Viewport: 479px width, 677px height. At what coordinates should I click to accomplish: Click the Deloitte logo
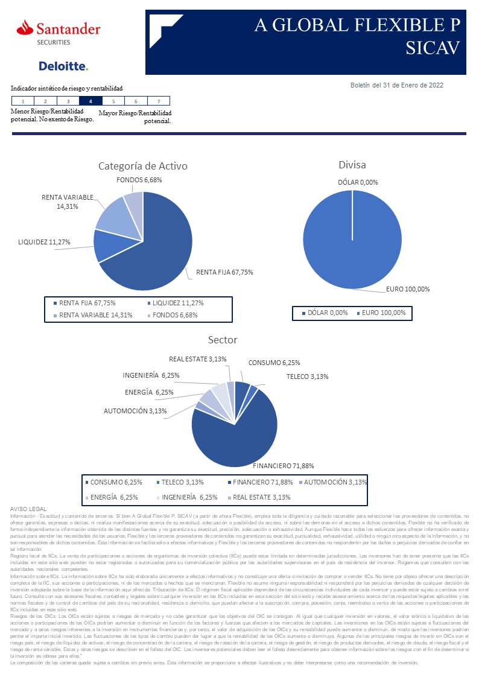pyautogui.click(x=63, y=66)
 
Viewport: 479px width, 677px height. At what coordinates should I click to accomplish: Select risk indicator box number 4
pyautogui.click(x=90, y=101)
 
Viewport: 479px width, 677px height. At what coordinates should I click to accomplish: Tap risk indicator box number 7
pyautogui.click(x=159, y=101)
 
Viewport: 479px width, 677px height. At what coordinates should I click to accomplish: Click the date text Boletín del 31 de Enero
pyautogui.click(x=397, y=85)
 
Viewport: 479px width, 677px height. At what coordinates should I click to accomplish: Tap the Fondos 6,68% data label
pyautogui.click(x=139, y=180)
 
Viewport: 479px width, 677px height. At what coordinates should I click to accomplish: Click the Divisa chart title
pyautogui.click(x=352, y=164)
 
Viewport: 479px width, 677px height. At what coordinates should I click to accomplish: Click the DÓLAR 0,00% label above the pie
pyautogui.click(x=358, y=182)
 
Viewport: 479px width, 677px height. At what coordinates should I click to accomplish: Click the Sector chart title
pyautogui.click(x=223, y=340)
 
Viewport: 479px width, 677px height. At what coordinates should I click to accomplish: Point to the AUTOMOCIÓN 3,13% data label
pyautogui.click(x=144, y=411)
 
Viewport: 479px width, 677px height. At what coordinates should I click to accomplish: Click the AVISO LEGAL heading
pyautogui.click(x=29, y=509)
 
